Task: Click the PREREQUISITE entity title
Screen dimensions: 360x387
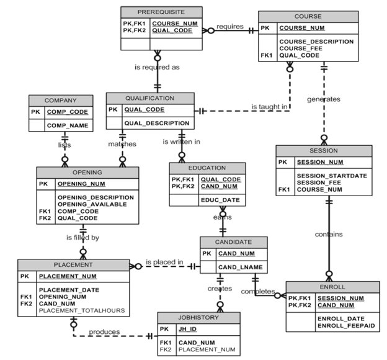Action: pos(161,12)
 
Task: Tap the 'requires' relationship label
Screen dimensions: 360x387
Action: pos(229,27)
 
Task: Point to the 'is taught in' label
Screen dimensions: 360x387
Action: pos(269,107)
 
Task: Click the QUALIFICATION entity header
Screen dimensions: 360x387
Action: pos(149,98)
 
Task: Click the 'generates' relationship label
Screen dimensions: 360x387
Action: pos(323,99)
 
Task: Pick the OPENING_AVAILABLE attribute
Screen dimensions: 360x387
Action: pos(96,204)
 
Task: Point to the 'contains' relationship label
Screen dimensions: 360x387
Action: pos(328,234)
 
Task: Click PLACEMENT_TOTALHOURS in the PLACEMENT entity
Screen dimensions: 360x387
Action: pos(81,310)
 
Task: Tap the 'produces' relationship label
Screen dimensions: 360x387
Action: pos(104,332)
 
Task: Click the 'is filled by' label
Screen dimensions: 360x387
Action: pos(82,237)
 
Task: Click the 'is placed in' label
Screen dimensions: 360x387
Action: pos(164,262)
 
